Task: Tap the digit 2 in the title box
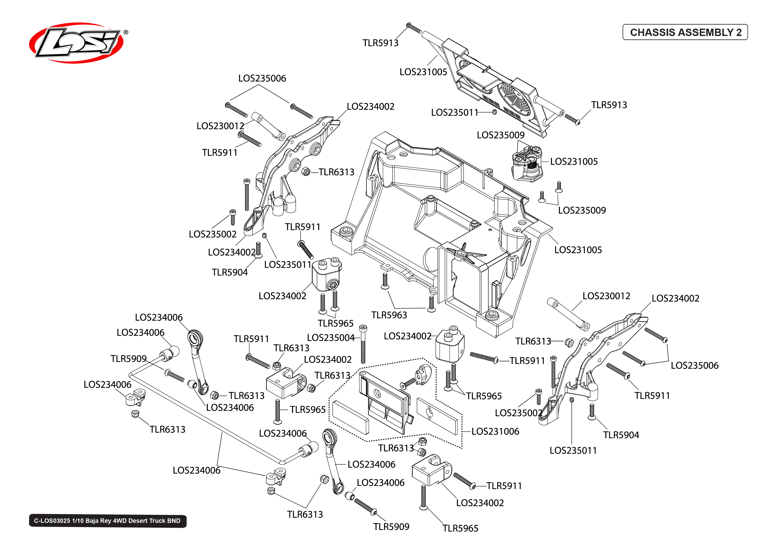point(739,32)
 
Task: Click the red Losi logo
point(76,43)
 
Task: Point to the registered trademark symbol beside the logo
point(126,32)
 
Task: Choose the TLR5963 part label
point(389,315)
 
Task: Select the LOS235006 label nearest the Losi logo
point(262,78)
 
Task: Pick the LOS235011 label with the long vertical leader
point(573,451)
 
